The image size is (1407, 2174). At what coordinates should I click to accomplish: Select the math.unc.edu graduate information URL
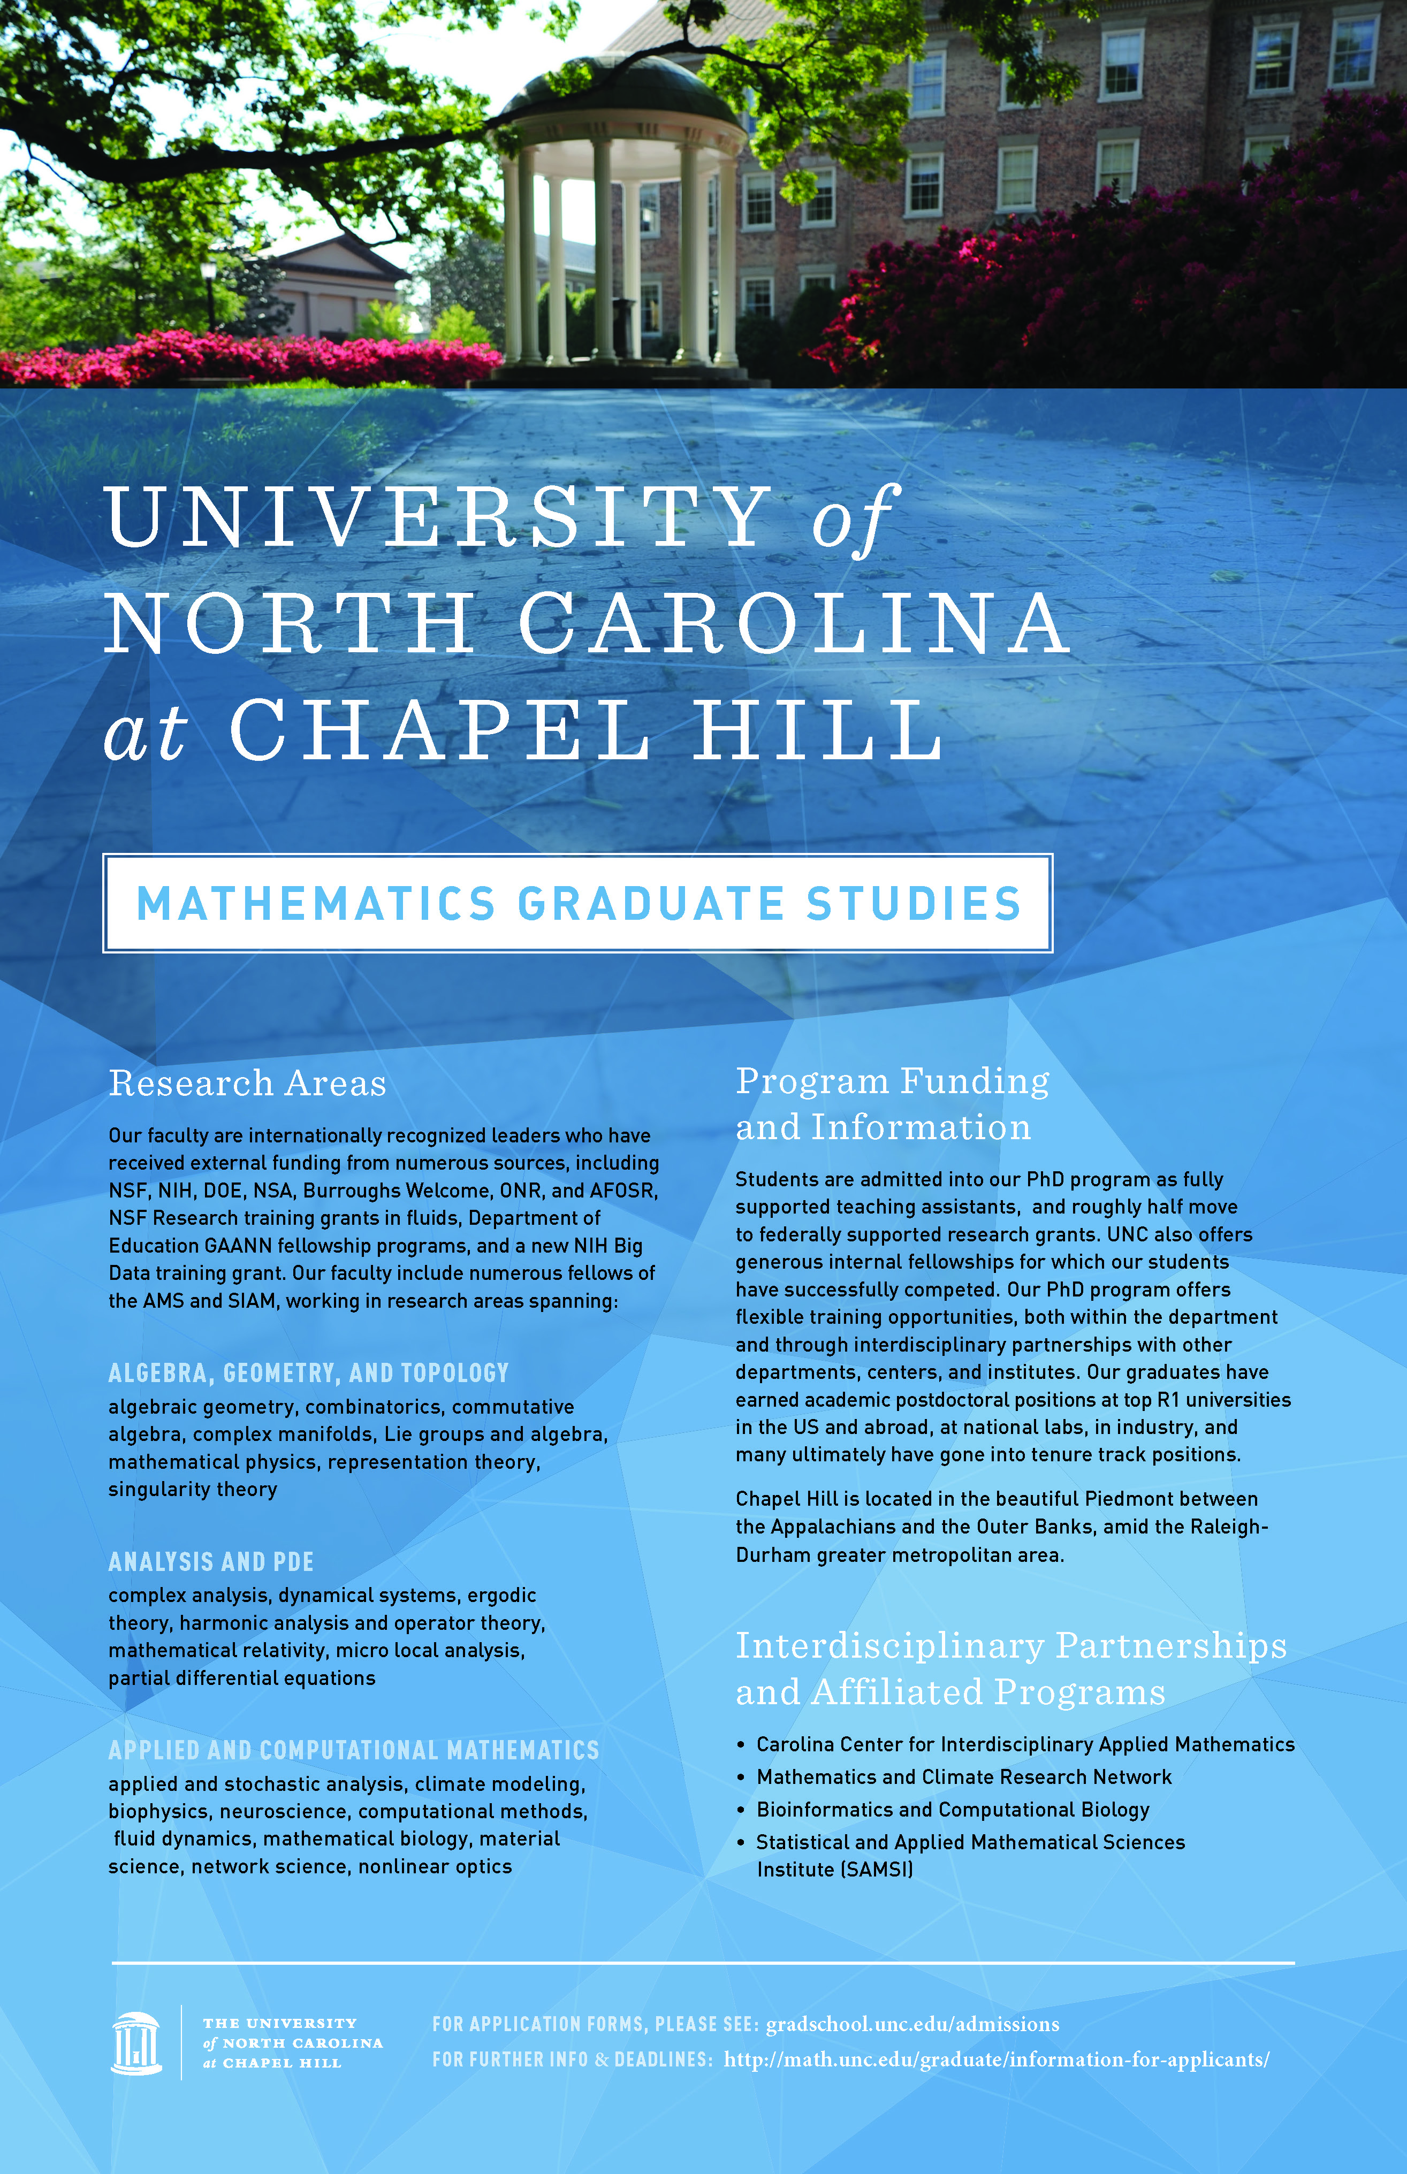(x=996, y=2059)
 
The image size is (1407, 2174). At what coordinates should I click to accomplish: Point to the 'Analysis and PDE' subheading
(x=210, y=1561)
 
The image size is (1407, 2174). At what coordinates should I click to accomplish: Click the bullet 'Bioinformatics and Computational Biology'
(x=952, y=1810)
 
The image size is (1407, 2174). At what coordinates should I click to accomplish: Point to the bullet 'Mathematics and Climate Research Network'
(x=963, y=1776)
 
